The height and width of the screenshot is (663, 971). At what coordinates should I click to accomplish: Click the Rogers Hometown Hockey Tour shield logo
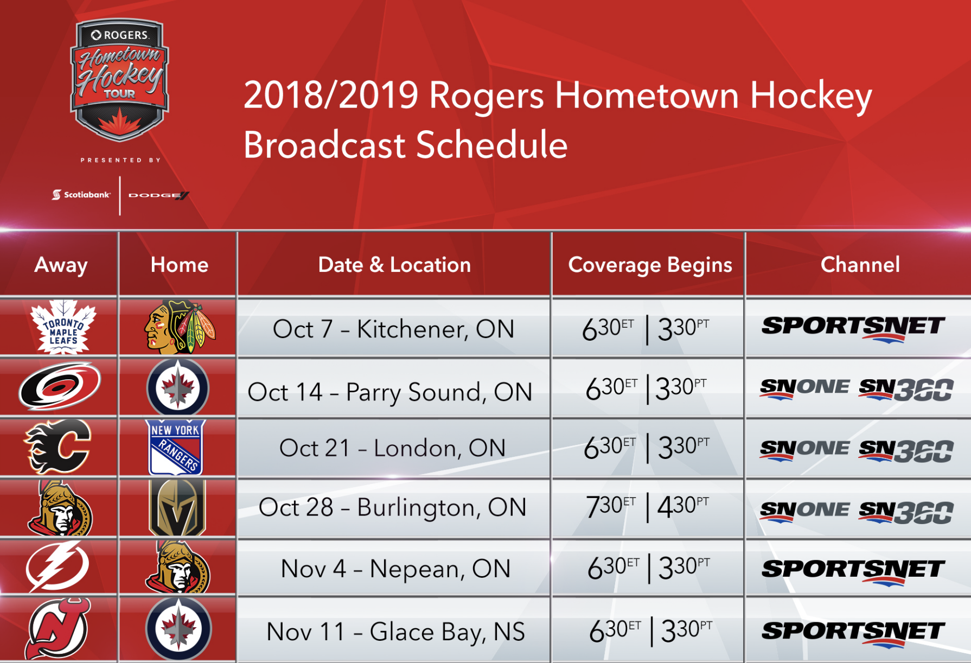[x=119, y=80]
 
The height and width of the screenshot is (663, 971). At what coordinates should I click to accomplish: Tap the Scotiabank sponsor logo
[x=81, y=194]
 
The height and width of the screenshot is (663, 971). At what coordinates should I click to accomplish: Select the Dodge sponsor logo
[x=158, y=195]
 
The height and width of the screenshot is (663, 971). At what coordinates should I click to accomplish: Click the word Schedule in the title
[x=492, y=145]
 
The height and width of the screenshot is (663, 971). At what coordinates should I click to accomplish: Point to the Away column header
[x=61, y=265]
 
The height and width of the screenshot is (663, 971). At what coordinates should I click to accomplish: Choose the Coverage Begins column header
[x=650, y=265]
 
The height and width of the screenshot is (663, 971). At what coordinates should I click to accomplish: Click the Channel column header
[x=860, y=265]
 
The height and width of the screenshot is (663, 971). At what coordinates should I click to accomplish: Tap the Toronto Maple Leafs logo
[x=63, y=327]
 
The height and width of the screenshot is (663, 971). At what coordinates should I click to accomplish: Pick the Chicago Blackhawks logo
[x=180, y=327]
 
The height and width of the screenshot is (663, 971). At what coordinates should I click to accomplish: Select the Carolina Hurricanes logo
[x=60, y=386]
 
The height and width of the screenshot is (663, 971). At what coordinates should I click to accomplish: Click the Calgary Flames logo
[x=58, y=447]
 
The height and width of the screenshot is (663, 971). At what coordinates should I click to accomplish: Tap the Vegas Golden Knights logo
[x=177, y=508]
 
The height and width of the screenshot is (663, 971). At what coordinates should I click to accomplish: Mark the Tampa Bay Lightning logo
[x=58, y=566]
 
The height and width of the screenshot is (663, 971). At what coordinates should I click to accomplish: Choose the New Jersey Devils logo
[x=58, y=629]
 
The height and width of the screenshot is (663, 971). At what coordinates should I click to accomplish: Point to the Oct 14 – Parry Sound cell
[x=389, y=392]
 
